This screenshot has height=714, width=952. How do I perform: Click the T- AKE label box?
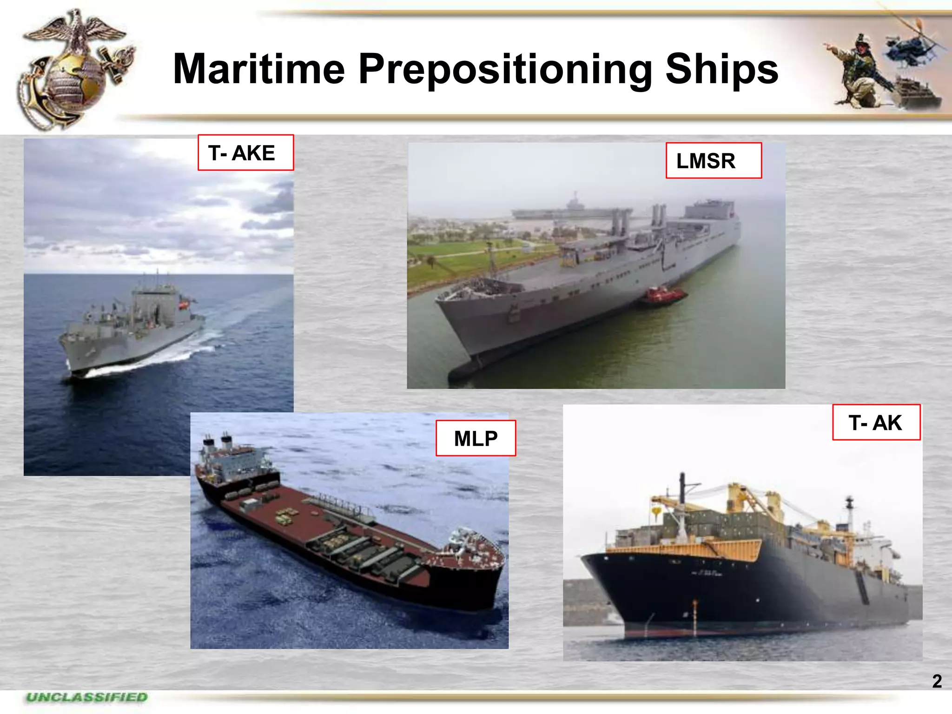pos(245,152)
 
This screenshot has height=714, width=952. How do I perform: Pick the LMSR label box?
pos(713,160)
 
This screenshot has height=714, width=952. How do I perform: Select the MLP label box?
pos(475,438)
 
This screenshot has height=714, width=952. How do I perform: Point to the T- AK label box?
pos(876,422)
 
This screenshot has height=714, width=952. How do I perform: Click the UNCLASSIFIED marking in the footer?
pos(87,697)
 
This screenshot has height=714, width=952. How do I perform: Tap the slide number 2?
pos(937,681)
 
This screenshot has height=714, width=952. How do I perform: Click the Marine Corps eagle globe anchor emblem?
pos(74,70)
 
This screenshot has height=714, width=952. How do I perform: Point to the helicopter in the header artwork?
pos(911,46)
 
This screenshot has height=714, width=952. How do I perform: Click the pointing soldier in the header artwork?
pos(860,70)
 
